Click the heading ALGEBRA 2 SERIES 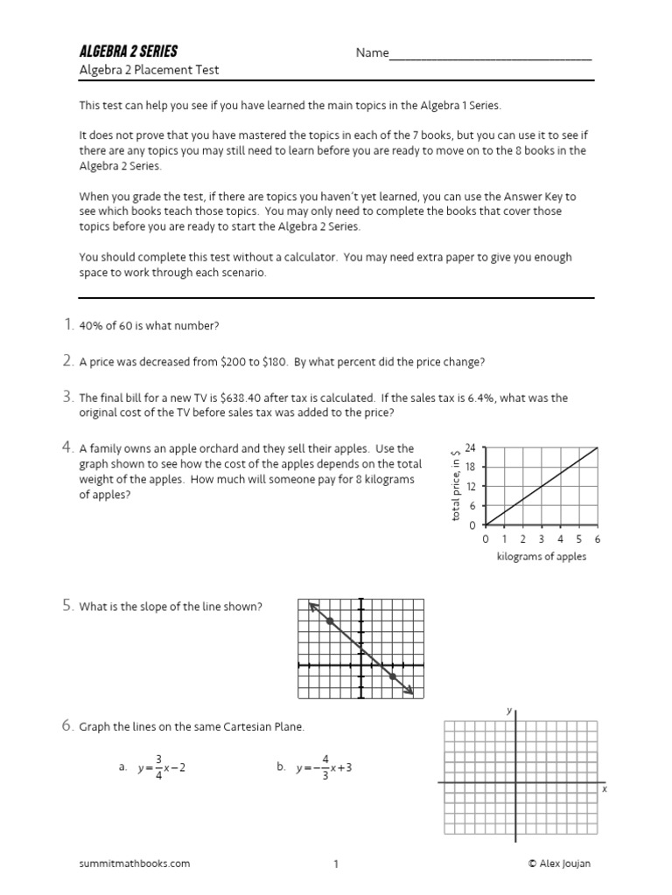[128, 52]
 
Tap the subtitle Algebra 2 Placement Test [149, 71]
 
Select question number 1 [67, 325]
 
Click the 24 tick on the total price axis [470, 447]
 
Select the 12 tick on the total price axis [470, 487]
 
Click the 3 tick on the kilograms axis [542, 539]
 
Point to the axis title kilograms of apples [542, 557]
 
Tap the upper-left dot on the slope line [330, 621]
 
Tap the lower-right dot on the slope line [392, 676]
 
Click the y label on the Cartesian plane [509, 711]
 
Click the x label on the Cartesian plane [604, 788]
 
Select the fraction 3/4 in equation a [158, 768]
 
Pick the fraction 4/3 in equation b [325, 768]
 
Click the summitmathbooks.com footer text [134, 864]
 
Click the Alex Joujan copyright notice [561, 864]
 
